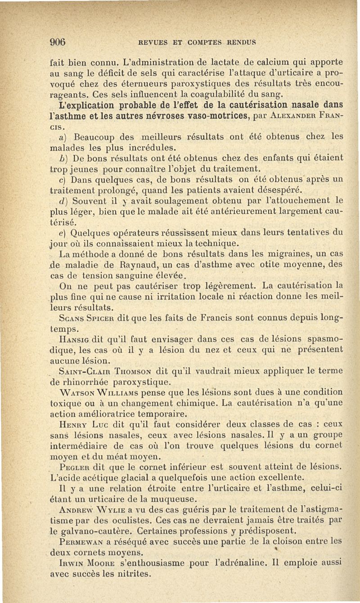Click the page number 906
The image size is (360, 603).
58,42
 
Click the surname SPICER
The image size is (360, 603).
98,318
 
